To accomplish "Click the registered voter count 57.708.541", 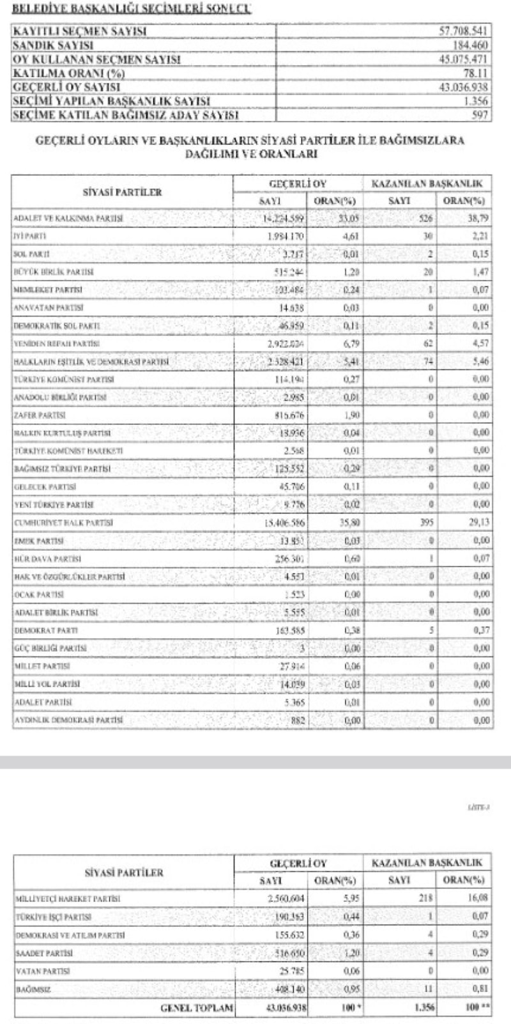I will coord(464,31).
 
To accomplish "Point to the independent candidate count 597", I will coord(482,115).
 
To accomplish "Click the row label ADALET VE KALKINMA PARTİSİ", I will coord(68,219).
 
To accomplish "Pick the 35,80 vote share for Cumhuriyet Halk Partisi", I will coord(347,523).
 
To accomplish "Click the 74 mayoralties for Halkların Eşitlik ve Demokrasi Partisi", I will coord(427,362).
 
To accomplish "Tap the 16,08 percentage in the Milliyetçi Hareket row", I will coord(478,897).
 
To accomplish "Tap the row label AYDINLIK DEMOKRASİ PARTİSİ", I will coord(68,720).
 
